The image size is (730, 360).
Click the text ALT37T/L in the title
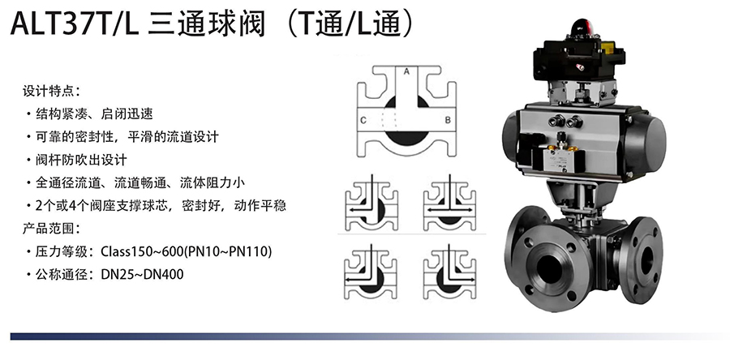[x=75, y=24]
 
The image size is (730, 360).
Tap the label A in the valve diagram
[x=406, y=71]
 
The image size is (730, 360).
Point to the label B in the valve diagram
[x=448, y=120]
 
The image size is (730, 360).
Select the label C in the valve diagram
[x=363, y=121]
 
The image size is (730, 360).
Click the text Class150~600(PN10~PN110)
[x=187, y=251]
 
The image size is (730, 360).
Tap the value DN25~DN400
[x=142, y=274]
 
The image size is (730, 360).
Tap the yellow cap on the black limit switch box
[x=607, y=47]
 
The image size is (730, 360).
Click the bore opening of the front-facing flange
[x=550, y=268]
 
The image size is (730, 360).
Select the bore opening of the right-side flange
[x=647, y=260]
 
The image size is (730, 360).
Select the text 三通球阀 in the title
[x=206, y=24]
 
